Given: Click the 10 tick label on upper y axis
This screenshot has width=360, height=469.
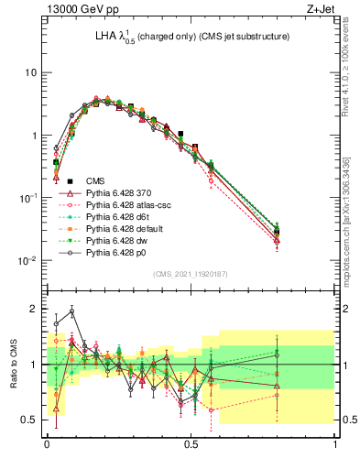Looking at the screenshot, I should coord(28,72).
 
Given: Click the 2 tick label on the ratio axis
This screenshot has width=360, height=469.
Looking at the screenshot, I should coord(33,309).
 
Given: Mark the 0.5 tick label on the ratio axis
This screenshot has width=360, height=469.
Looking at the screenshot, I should coord(28,420).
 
